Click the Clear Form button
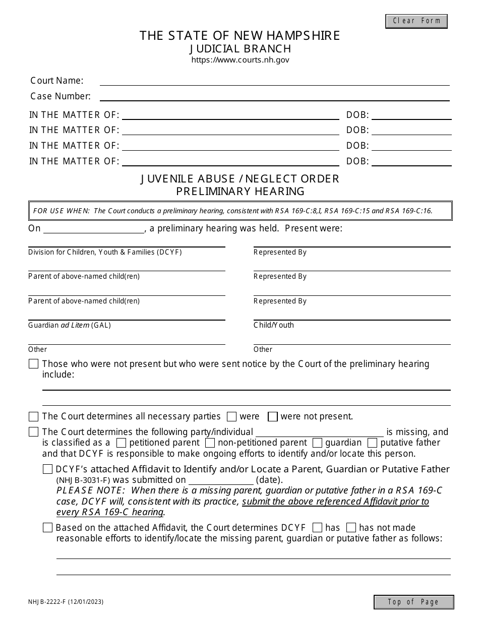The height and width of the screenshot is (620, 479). (416, 21)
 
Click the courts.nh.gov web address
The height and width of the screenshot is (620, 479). (240, 60)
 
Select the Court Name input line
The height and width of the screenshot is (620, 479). (274, 81)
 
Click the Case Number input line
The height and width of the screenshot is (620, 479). (274, 96)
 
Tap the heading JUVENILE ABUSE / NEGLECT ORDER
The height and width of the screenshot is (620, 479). (240, 179)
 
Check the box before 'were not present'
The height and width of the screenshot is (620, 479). (273, 417)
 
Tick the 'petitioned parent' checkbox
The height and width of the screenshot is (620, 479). (121, 443)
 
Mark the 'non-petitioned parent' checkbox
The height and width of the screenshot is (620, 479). (210, 443)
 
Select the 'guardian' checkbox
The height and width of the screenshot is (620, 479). (318, 443)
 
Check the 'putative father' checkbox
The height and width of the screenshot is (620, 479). (373, 443)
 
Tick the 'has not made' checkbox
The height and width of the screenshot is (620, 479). (351, 528)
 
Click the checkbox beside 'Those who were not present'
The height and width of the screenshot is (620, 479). (34, 364)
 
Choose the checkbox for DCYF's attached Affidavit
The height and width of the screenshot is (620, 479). (48, 469)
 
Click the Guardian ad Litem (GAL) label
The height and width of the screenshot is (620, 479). (70, 325)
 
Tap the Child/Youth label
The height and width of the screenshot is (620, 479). (274, 325)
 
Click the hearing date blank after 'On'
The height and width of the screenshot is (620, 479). (94, 229)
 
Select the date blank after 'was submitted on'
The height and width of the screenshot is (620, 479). (221, 480)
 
